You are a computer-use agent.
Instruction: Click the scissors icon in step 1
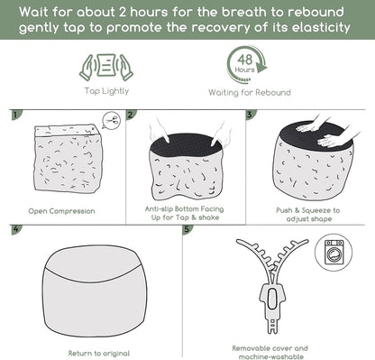click(x=112, y=121)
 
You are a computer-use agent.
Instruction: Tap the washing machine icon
click(x=334, y=253)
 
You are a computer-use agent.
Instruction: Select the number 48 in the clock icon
click(x=244, y=60)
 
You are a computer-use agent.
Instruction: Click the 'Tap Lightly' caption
click(x=106, y=91)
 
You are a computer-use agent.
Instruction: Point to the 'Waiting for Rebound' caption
click(x=250, y=92)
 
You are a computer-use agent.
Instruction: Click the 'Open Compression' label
click(x=61, y=211)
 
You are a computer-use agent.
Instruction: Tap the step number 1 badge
click(x=16, y=115)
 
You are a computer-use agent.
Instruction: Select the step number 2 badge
click(x=131, y=115)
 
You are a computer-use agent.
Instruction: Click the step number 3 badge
click(x=251, y=115)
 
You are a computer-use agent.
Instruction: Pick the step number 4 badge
click(x=16, y=229)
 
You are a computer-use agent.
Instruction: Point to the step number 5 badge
click(x=187, y=229)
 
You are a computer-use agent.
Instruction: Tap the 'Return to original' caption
click(x=99, y=353)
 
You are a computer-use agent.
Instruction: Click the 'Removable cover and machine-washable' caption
click(x=270, y=353)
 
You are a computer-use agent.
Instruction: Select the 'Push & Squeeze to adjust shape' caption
click(x=308, y=215)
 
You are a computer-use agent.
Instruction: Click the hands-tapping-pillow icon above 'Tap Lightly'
click(x=106, y=67)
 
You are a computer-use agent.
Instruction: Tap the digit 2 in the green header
click(x=123, y=12)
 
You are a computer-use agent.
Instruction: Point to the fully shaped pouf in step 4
click(x=95, y=291)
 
